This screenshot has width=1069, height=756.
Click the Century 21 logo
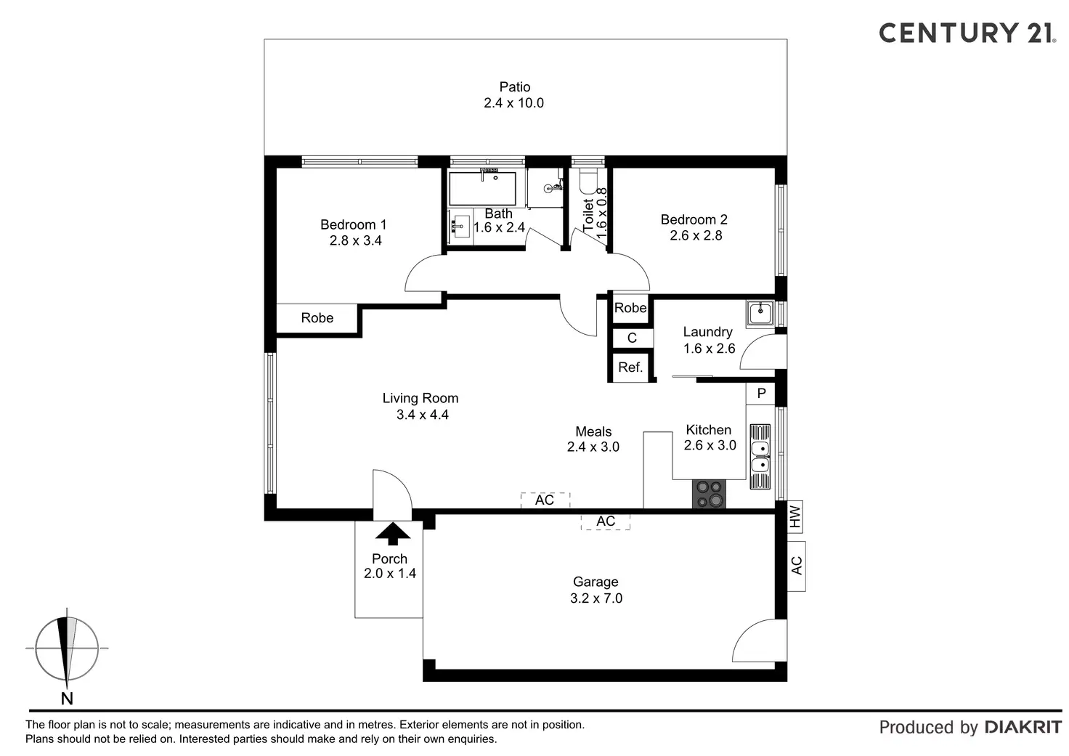point(965,33)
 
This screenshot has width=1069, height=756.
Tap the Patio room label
point(514,87)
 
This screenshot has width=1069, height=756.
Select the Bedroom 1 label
point(354,225)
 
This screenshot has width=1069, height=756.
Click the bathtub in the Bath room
point(482,188)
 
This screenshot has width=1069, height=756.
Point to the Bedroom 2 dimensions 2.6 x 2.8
point(696,235)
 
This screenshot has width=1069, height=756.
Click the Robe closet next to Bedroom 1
point(317,318)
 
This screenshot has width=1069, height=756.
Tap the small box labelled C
point(632,338)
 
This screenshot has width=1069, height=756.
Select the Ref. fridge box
point(630,367)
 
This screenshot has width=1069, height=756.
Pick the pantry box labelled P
point(761,394)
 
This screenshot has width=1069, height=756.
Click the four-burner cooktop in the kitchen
point(709,494)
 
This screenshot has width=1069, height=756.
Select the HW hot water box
point(795,516)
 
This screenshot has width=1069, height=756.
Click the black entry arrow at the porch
point(394,534)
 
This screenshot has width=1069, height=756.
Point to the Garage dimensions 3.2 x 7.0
point(596,598)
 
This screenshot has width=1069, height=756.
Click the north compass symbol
point(67,649)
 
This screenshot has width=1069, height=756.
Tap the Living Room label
point(420,398)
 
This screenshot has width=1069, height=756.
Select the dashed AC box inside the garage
point(605,521)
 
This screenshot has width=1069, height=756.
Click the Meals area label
point(593,431)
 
